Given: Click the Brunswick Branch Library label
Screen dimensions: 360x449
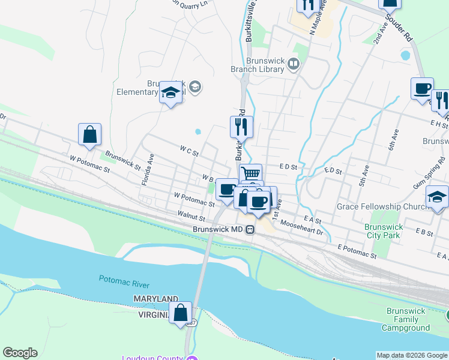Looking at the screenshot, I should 265,65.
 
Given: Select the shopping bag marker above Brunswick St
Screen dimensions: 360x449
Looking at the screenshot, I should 89,135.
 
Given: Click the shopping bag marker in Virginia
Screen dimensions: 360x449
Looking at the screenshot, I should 180,313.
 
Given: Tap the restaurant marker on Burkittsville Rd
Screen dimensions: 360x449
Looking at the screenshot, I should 241,127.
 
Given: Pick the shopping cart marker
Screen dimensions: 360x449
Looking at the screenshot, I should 251,174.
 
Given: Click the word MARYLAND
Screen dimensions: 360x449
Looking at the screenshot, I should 155,299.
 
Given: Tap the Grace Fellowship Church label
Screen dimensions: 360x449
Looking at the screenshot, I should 376,206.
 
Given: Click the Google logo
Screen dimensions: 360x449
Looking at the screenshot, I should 20,353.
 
